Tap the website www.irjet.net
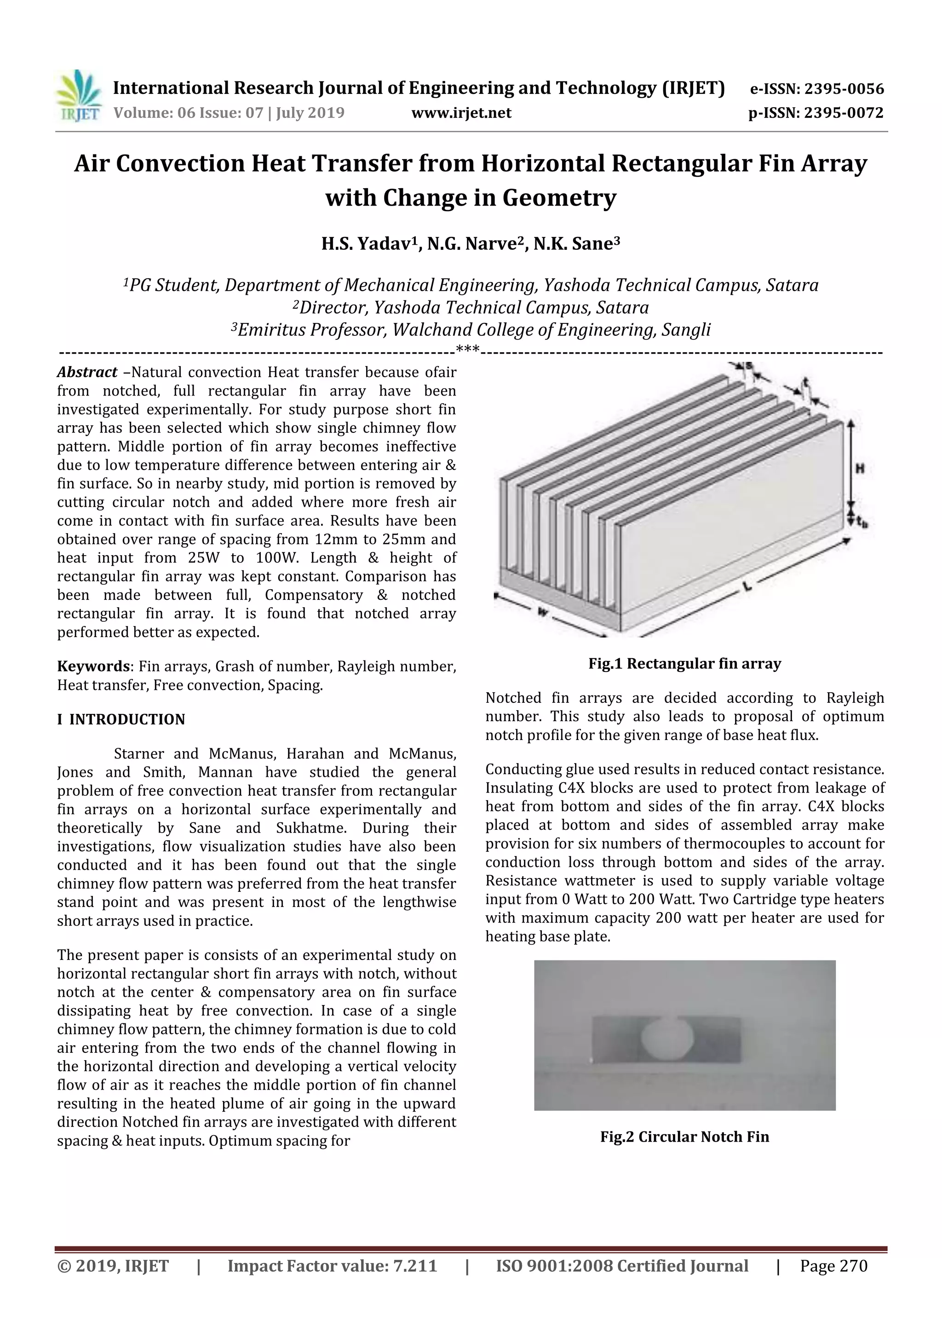tap(461, 113)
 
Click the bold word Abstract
tap(87, 372)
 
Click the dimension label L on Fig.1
tap(747, 586)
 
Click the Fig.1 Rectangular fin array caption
tap(684, 664)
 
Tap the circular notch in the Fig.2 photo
tap(667, 1039)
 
